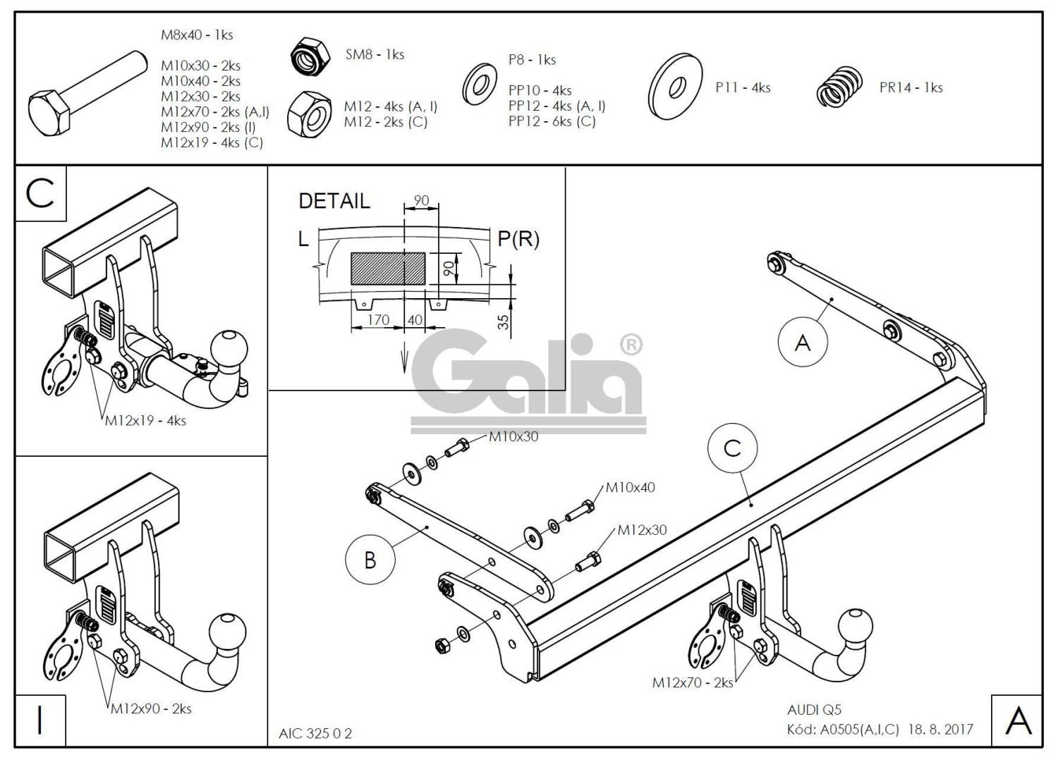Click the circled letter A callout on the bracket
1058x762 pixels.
tap(802, 343)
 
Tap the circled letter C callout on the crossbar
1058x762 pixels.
tap(732, 448)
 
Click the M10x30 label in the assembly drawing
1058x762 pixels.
tap(513, 436)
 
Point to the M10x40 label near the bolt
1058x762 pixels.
tap(630, 487)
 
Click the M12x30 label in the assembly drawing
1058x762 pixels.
tap(642, 530)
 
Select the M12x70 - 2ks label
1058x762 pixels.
tap(693, 682)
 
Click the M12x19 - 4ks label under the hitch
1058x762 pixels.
tap(145, 421)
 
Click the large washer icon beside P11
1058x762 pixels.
tap(676, 86)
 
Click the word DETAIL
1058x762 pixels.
tap(334, 201)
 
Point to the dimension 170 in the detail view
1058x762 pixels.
tap(378, 320)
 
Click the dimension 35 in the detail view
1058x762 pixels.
tap(503, 322)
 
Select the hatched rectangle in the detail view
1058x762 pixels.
tap(388, 269)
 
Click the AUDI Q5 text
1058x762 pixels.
tap(814, 711)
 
